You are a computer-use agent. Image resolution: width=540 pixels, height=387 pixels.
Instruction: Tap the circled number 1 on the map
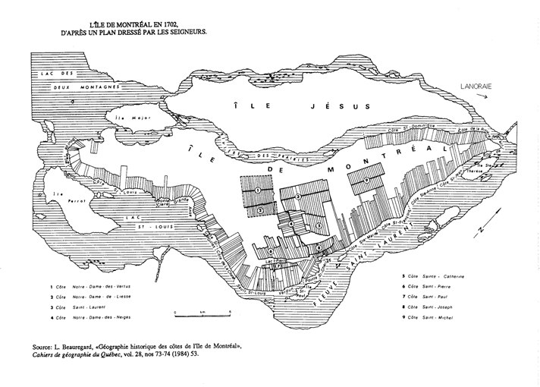point(258,189)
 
